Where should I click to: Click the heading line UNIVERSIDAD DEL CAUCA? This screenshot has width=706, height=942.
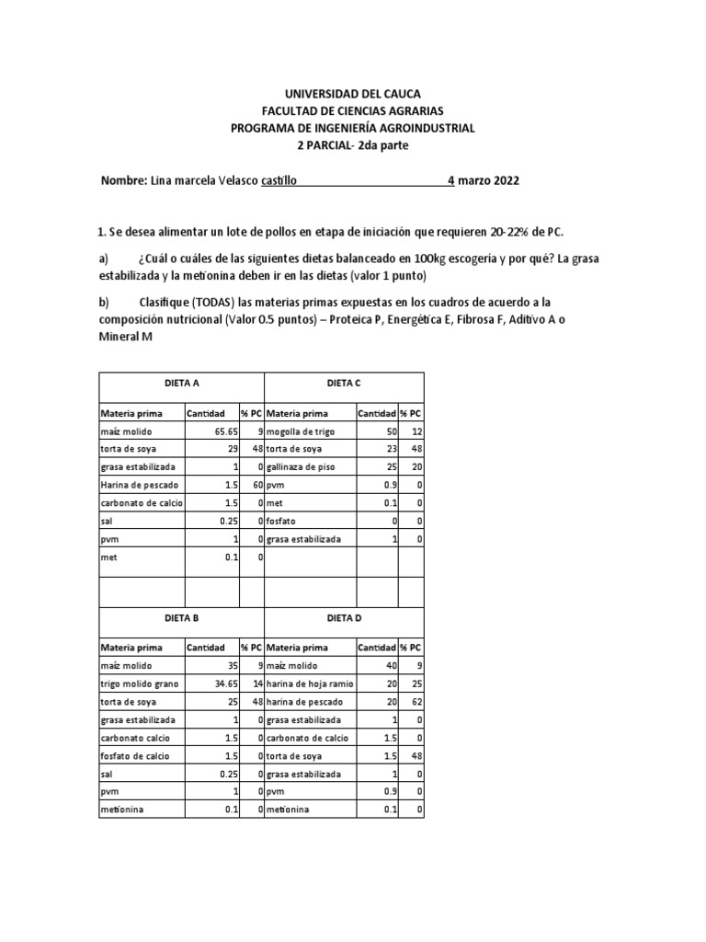(x=352, y=94)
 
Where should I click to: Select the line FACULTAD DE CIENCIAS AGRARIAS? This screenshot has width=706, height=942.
(x=352, y=111)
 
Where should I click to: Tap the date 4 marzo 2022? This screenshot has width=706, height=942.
(x=484, y=181)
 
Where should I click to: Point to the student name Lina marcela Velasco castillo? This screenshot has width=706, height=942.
(x=222, y=181)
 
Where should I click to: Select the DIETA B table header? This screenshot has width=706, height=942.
(x=180, y=617)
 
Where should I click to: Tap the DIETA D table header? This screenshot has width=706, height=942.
(x=344, y=617)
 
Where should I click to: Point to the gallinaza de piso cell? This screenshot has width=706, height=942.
(x=301, y=466)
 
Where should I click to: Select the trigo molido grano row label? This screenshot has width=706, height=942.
(x=139, y=684)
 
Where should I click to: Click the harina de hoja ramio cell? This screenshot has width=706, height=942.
(x=306, y=684)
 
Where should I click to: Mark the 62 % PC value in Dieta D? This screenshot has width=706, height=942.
(x=416, y=702)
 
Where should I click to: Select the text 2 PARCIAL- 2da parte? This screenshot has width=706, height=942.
(x=352, y=146)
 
